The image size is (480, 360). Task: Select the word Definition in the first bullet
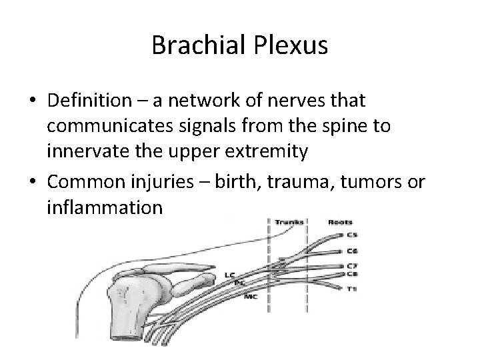point(91,103)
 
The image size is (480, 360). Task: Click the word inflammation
point(105,207)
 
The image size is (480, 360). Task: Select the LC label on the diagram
point(229,274)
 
